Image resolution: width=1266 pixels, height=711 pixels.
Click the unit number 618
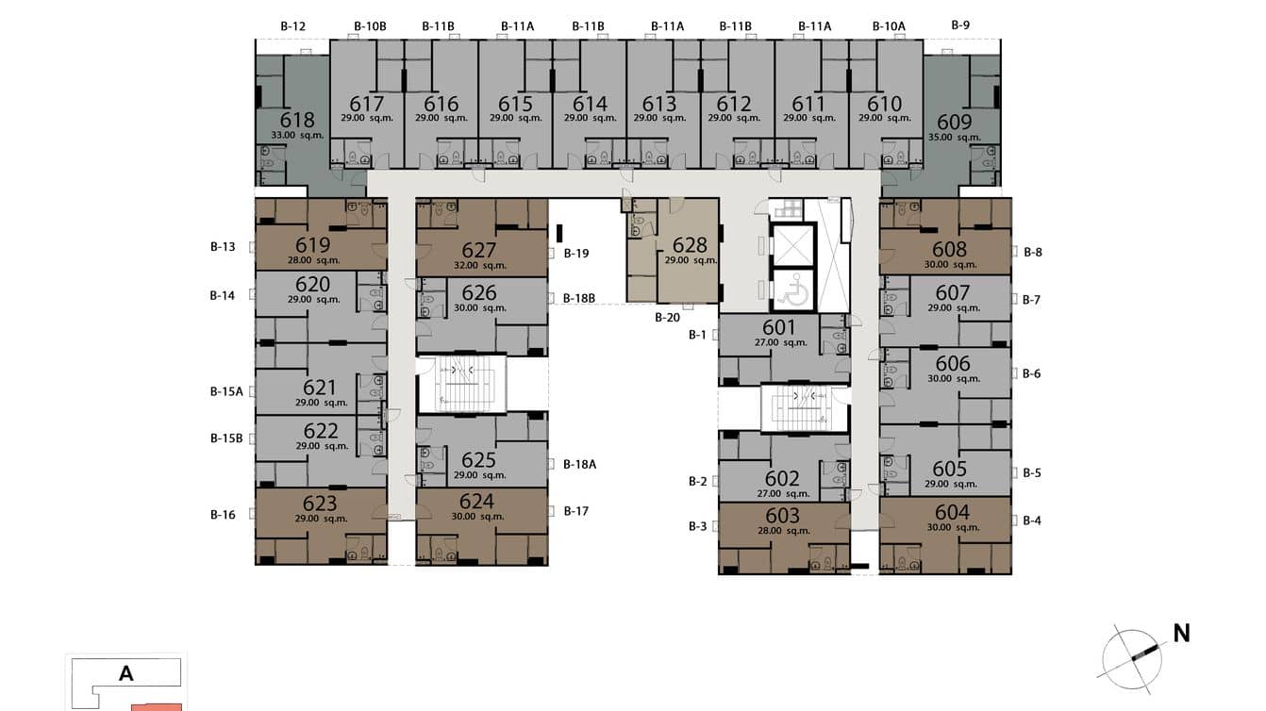(297, 120)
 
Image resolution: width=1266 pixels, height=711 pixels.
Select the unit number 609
(954, 122)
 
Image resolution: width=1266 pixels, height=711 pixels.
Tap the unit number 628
(690, 245)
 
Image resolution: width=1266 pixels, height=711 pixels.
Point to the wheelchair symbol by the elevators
(794, 289)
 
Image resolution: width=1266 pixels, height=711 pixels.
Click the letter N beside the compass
(1181, 634)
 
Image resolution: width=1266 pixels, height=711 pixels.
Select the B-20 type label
(667, 318)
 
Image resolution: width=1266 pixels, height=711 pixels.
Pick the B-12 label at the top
(293, 26)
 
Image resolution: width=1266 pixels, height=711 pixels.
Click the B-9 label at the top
(960, 25)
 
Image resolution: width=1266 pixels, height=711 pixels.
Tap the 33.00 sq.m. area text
(297, 136)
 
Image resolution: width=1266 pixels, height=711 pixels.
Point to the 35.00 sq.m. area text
(955, 138)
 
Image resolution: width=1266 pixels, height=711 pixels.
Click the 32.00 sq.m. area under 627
(479, 265)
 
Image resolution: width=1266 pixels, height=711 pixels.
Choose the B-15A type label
(226, 391)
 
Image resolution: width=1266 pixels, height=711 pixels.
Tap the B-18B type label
(579, 299)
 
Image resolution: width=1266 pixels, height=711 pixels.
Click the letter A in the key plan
(125, 674)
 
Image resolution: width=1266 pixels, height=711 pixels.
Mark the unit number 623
(321, 504)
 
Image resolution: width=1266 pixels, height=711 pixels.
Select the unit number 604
(952, 512)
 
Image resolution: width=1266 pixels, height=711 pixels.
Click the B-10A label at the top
(889, 26)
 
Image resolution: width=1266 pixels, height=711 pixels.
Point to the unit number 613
(659, 104)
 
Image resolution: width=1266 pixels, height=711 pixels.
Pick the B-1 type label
(697, 335)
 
